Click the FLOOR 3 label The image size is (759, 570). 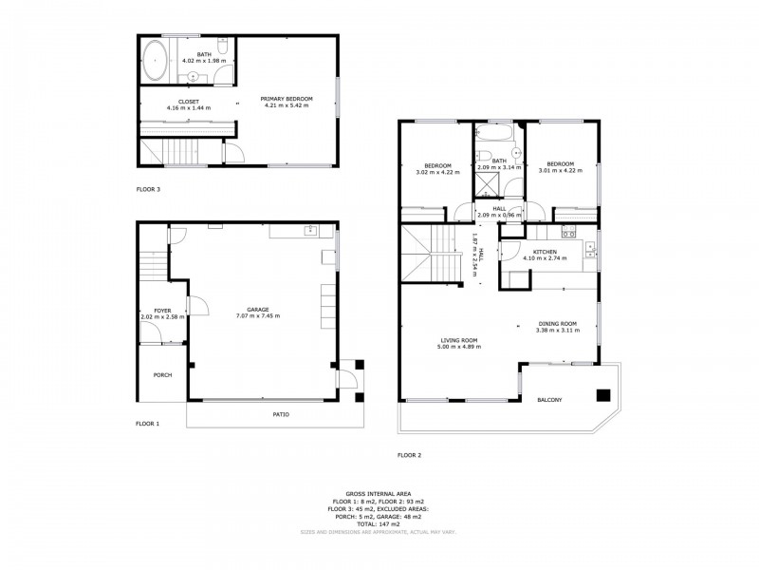pos(148,190)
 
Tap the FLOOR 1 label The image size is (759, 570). pos(148,423)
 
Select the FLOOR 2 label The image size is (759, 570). pos(410,455)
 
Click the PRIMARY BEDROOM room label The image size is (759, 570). pos(288,100)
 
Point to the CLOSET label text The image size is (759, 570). pos(188,101)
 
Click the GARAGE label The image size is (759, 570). pos(258,309)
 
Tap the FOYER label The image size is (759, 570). pos(162,310)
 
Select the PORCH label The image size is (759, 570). pos(163,374)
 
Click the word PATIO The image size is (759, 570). pos(281,415)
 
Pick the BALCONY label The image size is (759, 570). pos(549,399)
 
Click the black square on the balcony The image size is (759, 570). pos(602,395)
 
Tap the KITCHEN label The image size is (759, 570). pos(544,251)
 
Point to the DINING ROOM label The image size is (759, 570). pos(556,323)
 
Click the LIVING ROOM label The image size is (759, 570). pos(458,340)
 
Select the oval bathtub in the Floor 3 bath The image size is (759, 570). pos(154,59)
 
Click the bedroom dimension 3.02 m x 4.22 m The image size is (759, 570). pos(437,172)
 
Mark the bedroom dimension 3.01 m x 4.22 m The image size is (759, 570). pos(562,172)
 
